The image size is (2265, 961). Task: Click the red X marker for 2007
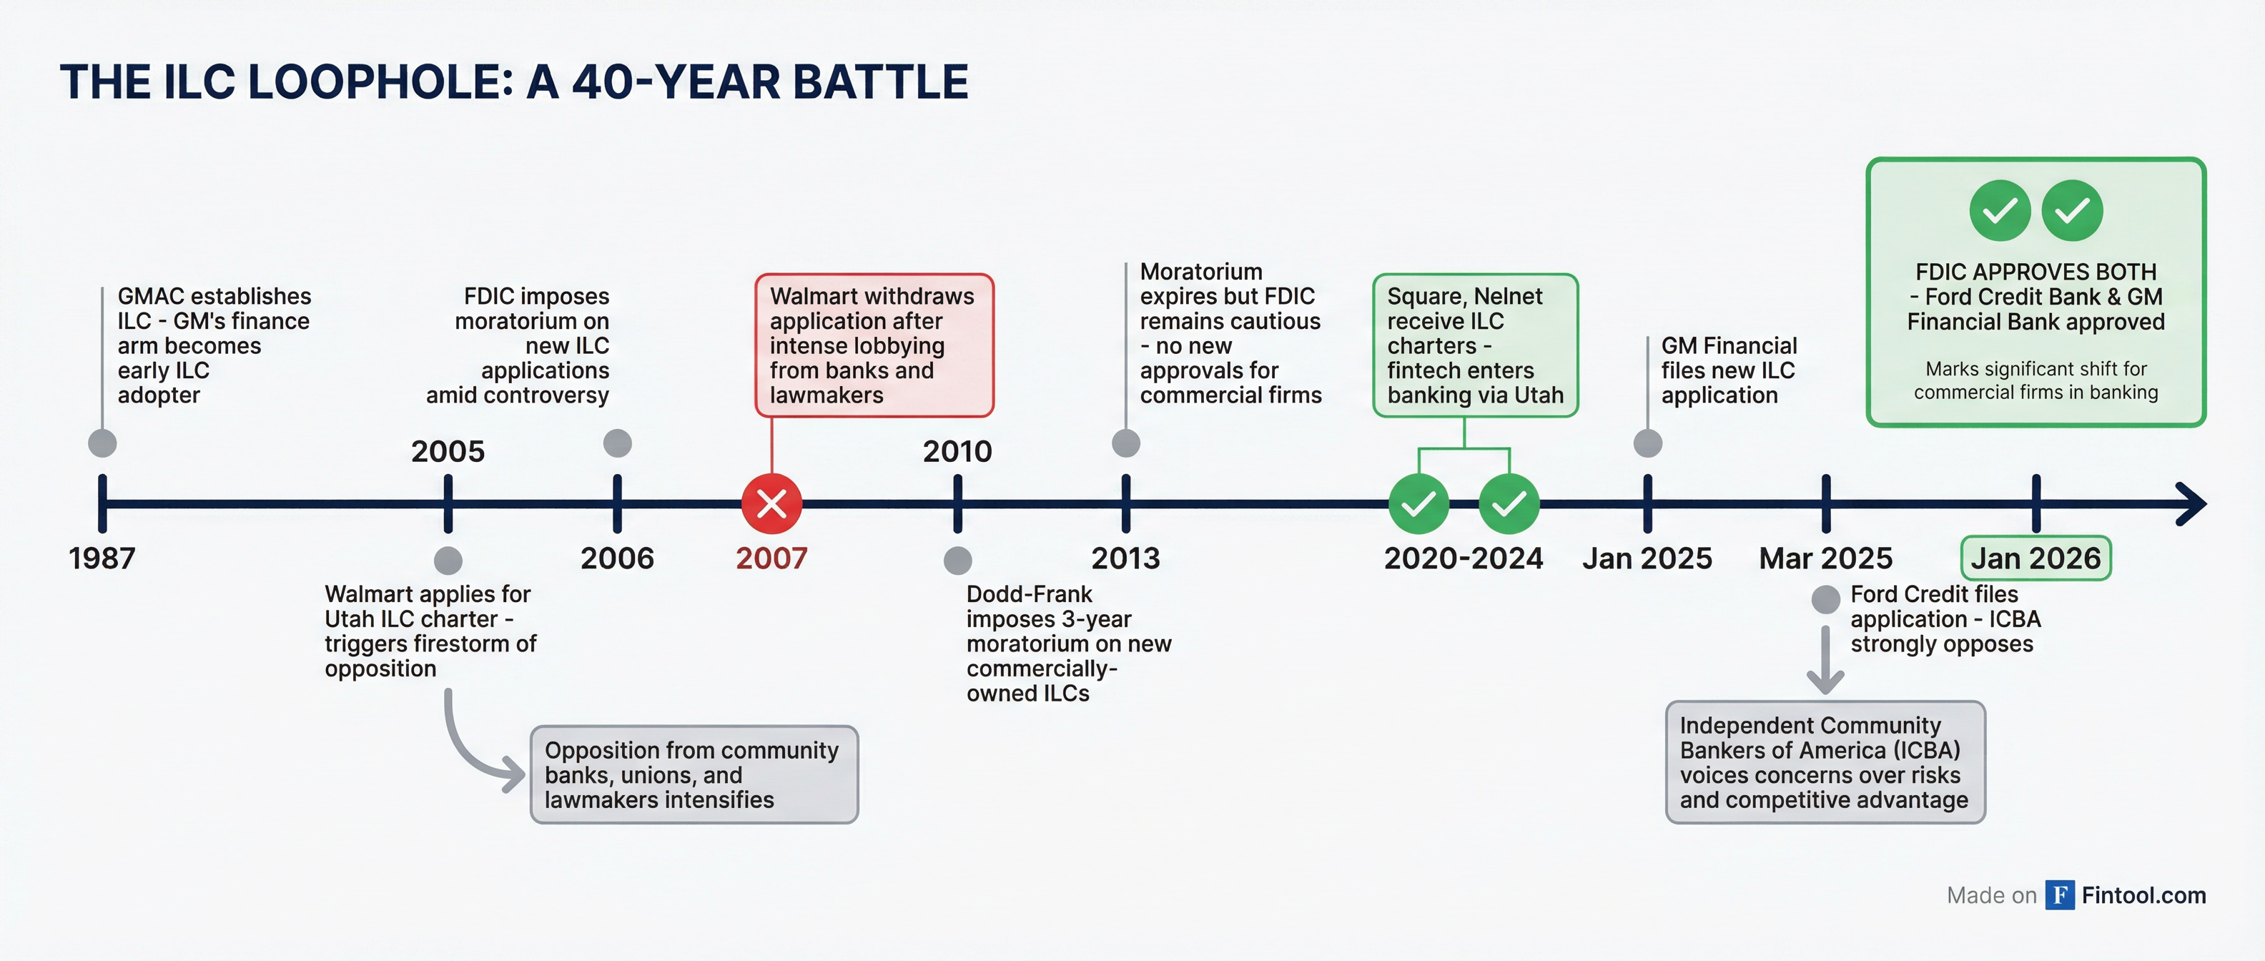point(771,504)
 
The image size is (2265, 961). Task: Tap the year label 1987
point(102,558)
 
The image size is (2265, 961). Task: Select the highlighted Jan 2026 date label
point(2035,558)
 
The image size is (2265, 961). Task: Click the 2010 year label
point(957,451)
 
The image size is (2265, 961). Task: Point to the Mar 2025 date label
point(1825,558)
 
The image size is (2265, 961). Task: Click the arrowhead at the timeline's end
point(2191,504)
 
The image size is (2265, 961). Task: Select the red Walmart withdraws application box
point(874,345)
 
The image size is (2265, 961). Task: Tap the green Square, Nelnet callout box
point(1474,345)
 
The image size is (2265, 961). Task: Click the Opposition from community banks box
point(694,774)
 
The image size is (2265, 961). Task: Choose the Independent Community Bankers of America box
point(1825,762)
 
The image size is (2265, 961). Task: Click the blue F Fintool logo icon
point(2059,895)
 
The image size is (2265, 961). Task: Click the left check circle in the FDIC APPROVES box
point(2000,210)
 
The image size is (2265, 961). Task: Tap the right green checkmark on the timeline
point(1509,504)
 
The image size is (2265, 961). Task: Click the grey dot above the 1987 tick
point(103,443)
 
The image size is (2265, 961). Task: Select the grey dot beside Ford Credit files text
point(1825,600)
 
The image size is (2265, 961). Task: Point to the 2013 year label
point(1125,558)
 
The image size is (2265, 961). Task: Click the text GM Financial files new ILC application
point(1728,370)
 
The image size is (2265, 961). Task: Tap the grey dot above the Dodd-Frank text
point(957,560)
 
